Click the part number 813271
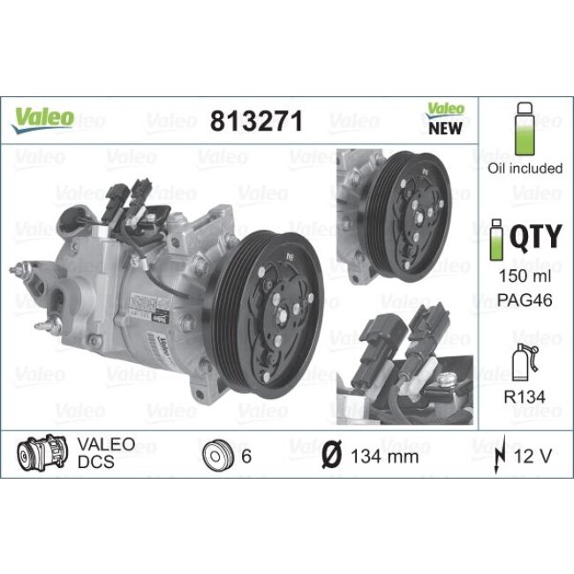(255, 122)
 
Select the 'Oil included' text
(525, 169)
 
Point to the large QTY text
(538, 238)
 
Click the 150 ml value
(525, 276)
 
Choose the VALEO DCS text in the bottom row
(106, 453)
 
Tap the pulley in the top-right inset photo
(412, 214)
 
